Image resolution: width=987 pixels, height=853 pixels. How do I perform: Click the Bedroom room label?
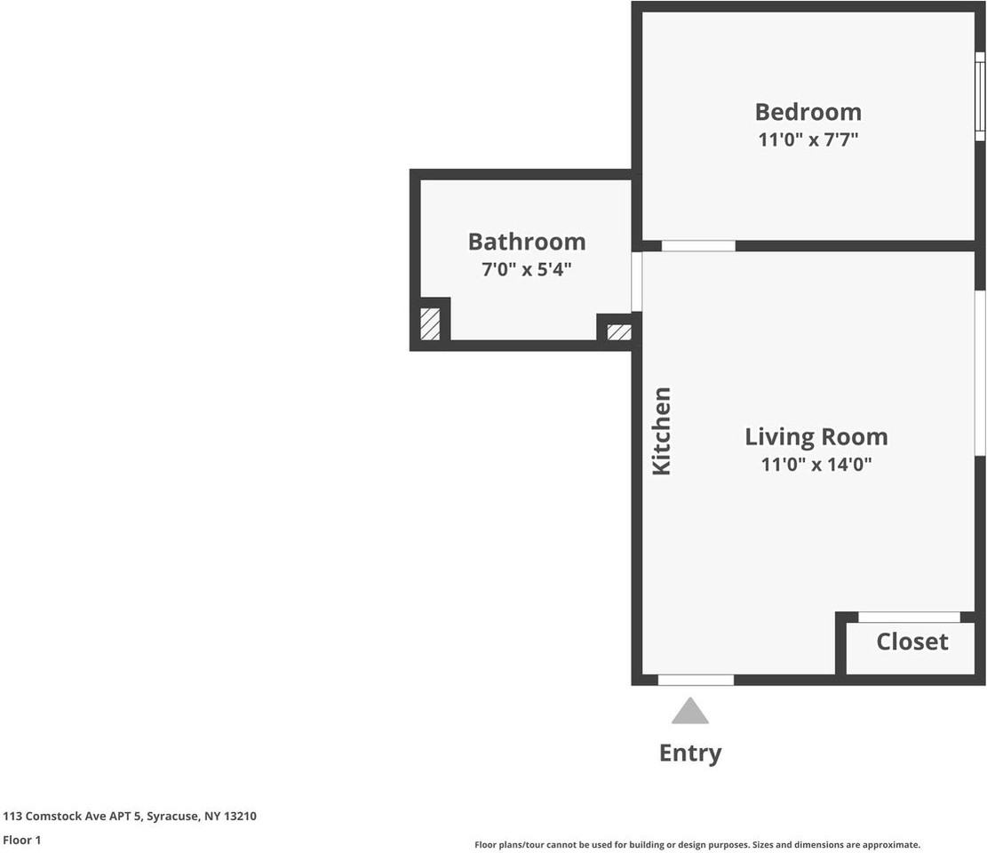pos(808,112)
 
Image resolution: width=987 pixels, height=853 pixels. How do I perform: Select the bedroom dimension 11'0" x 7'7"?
pos(808,140)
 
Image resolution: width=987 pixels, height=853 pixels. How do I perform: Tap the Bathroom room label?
pos(526,242)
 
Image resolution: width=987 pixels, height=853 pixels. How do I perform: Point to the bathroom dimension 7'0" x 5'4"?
pos(526,268)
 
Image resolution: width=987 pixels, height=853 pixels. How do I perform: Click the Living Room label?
pos(816,437)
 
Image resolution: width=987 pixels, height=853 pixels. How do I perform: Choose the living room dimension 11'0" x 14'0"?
pos(816,464)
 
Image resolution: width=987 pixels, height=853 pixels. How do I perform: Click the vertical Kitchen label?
pos(662,431)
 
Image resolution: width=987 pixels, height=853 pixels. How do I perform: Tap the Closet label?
pos(911,642)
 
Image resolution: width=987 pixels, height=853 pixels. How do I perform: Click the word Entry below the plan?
pos(689,753)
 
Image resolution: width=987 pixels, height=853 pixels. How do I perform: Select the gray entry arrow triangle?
pos(689,713)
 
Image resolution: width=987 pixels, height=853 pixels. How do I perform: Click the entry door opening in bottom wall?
pos(696,680)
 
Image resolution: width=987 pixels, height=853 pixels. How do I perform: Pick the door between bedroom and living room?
pos(698,246)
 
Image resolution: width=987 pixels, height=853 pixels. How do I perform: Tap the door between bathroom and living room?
pos(636,282)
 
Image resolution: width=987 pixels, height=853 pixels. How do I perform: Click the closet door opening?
pos(909,617)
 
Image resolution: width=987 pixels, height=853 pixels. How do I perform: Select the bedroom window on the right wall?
pos(980,96)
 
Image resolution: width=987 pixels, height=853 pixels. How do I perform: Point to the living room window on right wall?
pos(980,373)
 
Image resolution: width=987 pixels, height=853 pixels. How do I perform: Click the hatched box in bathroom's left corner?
pos(430,323)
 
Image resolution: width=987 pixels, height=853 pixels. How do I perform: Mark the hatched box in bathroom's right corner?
pos(618,332)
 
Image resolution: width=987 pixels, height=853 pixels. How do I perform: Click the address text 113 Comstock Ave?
pos(130,816)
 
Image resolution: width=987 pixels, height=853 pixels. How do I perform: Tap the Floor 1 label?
pos(22,840)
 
